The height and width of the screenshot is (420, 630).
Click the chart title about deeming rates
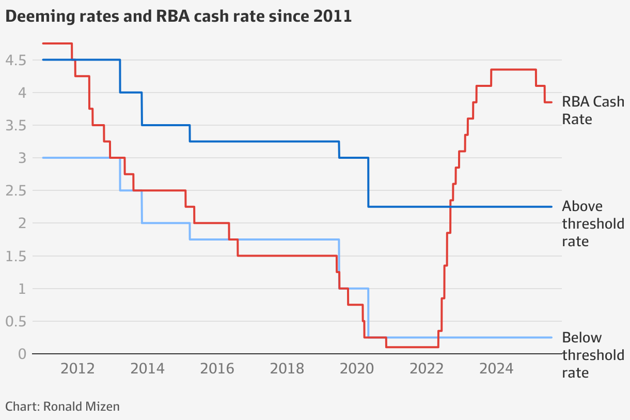click(178, 17)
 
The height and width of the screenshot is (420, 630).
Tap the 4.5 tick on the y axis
click(15, 61)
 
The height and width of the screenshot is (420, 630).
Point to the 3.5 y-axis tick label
click(15, 126)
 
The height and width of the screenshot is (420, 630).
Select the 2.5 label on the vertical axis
click(15, 191)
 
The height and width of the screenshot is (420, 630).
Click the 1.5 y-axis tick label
click(15, 256)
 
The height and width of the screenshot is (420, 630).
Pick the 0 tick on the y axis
click(22, 354)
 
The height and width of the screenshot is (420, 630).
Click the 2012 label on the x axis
click(77, 369)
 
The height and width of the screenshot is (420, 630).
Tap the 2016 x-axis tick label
click(217, 369)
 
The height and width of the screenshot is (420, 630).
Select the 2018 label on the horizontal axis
click(287, 369)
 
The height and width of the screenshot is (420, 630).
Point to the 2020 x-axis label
click(357, 369)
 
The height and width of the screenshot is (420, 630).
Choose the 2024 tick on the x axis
click(497, 369)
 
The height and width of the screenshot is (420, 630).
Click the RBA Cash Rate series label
click(593, 110)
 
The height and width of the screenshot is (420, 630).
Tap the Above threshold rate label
click(593, 223)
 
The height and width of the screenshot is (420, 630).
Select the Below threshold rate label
click(593, 355)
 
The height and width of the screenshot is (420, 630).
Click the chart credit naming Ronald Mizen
click(62, 407)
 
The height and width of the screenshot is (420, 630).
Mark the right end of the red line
click(552, 102)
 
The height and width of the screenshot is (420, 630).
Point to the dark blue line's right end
click(552, 206)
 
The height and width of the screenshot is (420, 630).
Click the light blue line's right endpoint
click(552, 337)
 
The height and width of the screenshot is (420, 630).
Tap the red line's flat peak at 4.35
click(513, 70)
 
